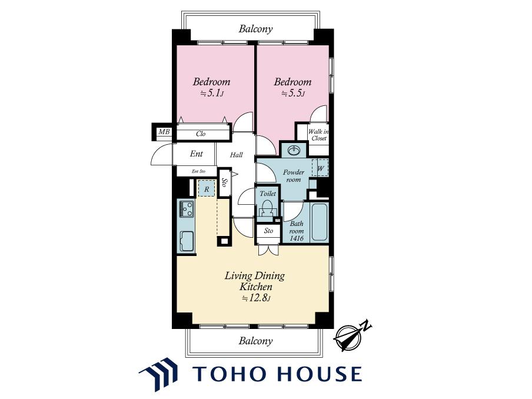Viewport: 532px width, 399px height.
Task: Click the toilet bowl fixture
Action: point(268,208)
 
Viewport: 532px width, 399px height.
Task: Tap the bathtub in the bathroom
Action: point(320,222)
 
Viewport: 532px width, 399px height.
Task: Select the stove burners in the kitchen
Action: point(187,209)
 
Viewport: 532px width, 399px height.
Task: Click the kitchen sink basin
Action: point(187,241)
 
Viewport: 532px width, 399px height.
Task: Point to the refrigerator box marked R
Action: point(207,188)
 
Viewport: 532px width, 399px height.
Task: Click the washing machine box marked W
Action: point(320,168)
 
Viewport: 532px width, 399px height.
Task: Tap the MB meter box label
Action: point(164,131)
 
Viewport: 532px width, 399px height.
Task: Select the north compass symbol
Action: point(352,335)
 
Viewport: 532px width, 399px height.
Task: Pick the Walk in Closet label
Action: point(318,135)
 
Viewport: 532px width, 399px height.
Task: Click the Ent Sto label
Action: point(198,171)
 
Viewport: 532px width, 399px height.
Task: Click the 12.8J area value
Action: point(256,298)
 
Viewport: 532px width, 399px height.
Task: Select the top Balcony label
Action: point(255,29)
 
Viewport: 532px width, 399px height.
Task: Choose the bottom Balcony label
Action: point(255,341)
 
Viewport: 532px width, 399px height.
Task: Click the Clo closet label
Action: point(201,134)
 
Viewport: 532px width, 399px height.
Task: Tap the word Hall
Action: point(236,155)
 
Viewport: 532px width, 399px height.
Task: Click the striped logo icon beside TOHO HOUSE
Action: point(159,373)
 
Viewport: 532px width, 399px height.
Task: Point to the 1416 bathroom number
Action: point(297,238)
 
